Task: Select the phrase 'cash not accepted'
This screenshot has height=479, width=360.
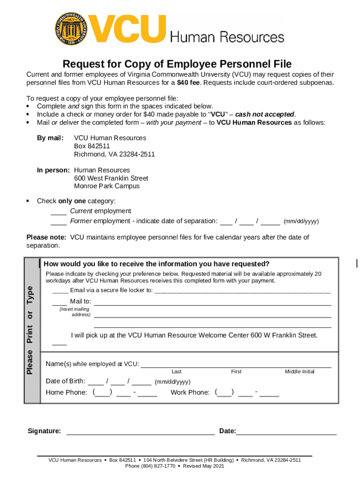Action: (x=265, y=115)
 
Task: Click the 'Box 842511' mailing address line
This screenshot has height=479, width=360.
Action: (x=92, y=146)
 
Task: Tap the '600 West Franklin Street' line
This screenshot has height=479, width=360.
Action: (x=111, y=178)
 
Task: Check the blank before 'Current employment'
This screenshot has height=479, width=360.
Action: (x=58, y=211)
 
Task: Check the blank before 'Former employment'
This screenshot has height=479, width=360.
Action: (x=58, y=221)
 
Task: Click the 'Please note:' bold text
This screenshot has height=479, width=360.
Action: (x=46, y=237)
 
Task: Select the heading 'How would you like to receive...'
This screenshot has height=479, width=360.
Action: (x=156, y=264)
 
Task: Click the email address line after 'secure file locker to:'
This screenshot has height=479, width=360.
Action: (x=242, y=290)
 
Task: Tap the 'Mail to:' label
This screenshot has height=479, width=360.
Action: (x=80, y=301)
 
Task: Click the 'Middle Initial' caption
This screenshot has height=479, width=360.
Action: (x=300, y=371)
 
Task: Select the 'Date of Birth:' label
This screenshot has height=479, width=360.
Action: (x=65, y=381)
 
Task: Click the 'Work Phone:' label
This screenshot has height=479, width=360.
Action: (x=190, y=392)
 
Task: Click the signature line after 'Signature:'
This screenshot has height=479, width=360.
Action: (x=140, y=431)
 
